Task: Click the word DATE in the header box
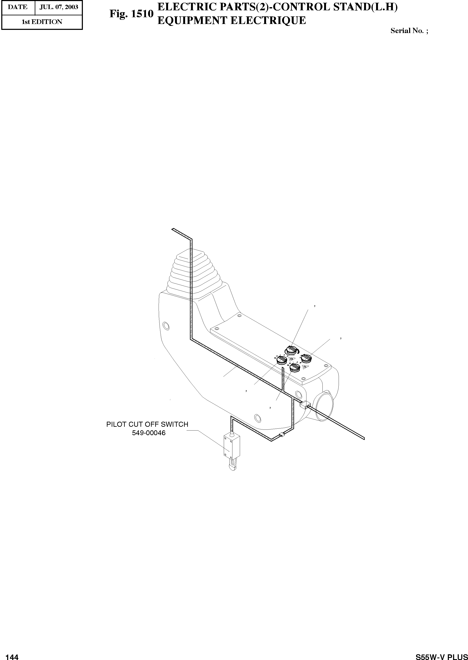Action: coord(18,7)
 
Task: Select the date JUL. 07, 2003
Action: coord(59,7)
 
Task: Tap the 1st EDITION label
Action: coord(42,22)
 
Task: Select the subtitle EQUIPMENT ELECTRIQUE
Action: coord(231,20)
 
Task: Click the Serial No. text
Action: coord(409,31)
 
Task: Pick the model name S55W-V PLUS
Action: coord(441,655)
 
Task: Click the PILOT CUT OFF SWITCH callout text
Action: coord(147,424)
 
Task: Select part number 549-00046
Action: coord(149,433)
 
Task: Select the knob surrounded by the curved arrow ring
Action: coord(290,351)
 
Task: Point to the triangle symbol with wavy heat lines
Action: coord(305,367)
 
